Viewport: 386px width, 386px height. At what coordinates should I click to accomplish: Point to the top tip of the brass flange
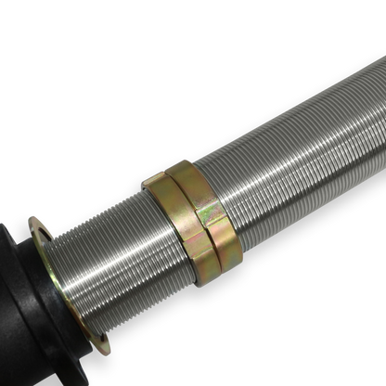(35, 219)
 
